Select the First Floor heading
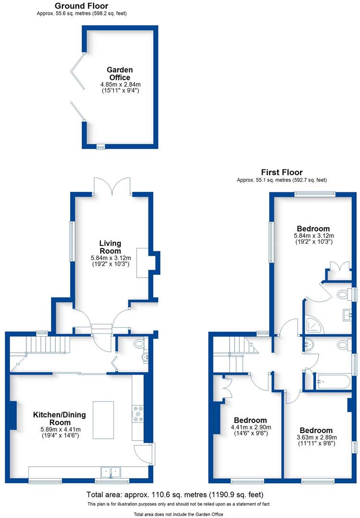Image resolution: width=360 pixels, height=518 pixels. pyautogui.click(x=282, y=172)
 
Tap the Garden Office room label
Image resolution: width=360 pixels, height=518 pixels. pyautogui.click(x=120, y=73)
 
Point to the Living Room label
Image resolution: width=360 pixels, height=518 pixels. pyautogui.click(x=110, y=247)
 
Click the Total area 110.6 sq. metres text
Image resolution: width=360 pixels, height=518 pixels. pyautogui.click(x=175, y=494)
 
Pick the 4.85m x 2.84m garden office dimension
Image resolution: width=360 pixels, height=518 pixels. pyautogui.click(x=119, y=84)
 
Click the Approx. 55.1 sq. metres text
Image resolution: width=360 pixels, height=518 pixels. pyautogui.click(x=281, y=180)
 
